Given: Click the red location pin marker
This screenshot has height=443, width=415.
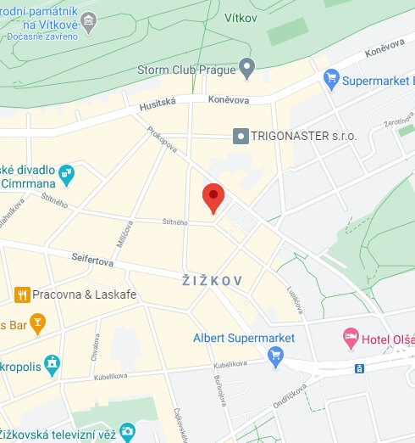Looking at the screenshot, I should [213, 198].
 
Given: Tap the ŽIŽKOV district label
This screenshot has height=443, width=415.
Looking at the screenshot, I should [213, 280].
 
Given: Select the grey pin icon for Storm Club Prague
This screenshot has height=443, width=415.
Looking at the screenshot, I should [247, 66].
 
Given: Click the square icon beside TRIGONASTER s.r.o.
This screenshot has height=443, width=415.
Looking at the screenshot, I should [241, 136].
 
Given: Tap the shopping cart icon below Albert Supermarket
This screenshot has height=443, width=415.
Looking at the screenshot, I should [274, 357].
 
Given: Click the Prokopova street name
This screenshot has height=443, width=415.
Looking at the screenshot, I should [162, 140].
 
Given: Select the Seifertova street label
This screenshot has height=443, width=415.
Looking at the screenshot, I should [92, 260].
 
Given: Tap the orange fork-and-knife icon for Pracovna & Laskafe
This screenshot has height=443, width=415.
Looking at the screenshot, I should [22, 294].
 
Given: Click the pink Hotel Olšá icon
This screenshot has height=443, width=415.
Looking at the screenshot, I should [351, 339].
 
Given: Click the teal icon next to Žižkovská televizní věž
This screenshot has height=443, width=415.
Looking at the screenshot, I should [127, 432].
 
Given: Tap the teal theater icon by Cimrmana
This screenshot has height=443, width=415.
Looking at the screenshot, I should [67, 176].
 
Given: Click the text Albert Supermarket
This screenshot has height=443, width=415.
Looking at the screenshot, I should [244, 338].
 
